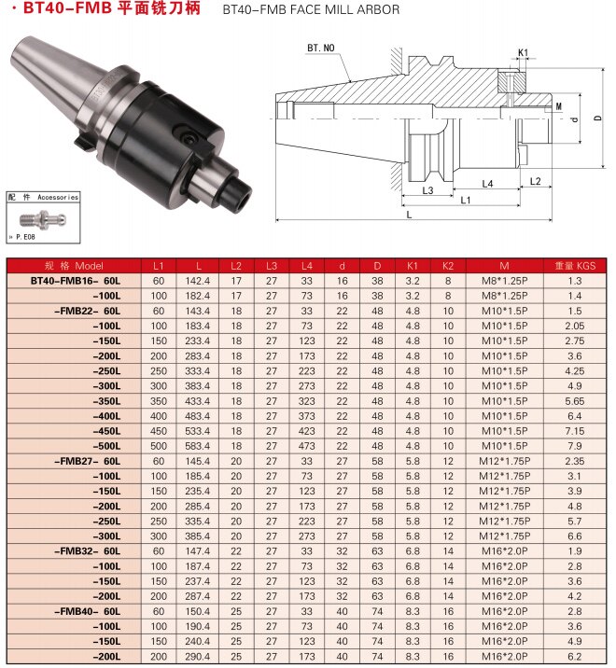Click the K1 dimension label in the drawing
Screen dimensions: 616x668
point(523,52)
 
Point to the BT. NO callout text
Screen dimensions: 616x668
point(321,48)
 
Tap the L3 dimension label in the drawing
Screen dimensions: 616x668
point(427,190)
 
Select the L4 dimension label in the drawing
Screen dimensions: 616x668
point(487,184)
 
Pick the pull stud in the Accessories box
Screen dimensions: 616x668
point(43,219)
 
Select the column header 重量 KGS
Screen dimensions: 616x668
point(575,266)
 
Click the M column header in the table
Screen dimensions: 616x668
point(504,266)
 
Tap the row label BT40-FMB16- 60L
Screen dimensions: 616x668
point(76,281)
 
